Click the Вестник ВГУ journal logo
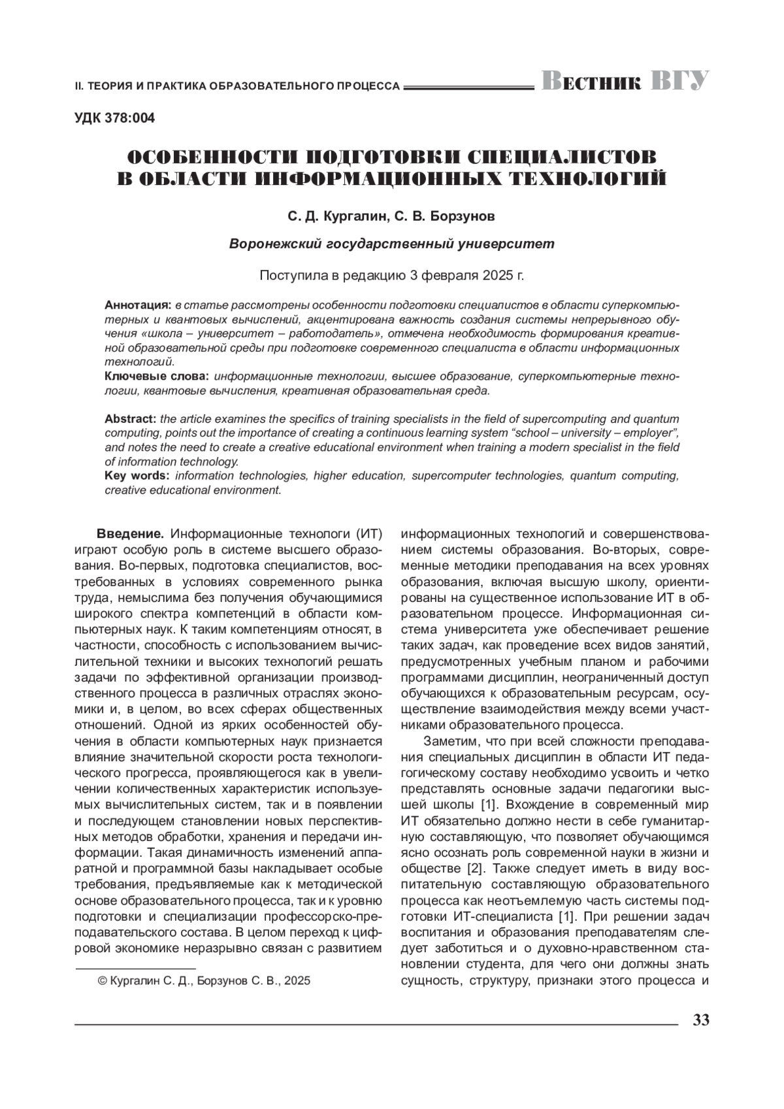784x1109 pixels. tap(625, 82)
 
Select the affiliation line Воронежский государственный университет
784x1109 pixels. tap(392, 244)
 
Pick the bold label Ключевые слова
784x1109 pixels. tap(157, 376)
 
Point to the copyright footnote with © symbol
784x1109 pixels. tap(203, 981)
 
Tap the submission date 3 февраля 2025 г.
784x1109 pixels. tap(466, 275)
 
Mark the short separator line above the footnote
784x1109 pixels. tap(136, 967)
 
